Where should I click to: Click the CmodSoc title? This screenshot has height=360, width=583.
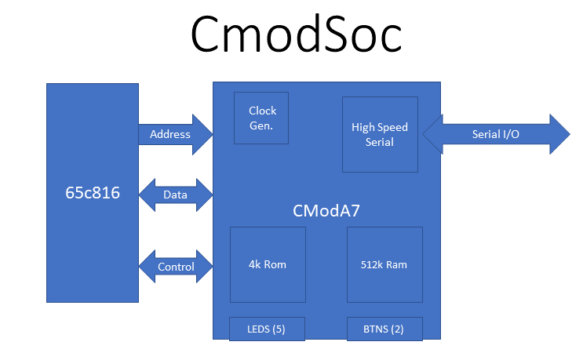point(297,35)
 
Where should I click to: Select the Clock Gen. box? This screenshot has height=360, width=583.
point(261,118)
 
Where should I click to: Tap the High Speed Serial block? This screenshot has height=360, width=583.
point(380,134)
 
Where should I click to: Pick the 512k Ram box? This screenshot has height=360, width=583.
point(384,264)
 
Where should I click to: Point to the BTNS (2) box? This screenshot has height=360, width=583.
point(384,329)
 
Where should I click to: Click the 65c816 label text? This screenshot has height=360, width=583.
point(93,192)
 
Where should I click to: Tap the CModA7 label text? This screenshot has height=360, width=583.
point(326,210)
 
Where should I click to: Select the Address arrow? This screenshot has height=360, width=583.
point(175,134)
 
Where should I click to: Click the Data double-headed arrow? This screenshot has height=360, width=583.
point(175,195)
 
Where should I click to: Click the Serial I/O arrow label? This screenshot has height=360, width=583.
point(495,134)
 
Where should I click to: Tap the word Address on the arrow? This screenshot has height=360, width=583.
point(169,134)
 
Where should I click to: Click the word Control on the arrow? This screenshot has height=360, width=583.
point(176,267)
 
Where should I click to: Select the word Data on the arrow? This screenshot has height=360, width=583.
point(175,195)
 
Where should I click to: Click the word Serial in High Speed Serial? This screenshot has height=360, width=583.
point(380,142)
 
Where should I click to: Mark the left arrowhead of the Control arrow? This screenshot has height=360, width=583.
point(147,267)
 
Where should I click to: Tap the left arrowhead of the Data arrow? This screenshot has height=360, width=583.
point(147,195)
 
